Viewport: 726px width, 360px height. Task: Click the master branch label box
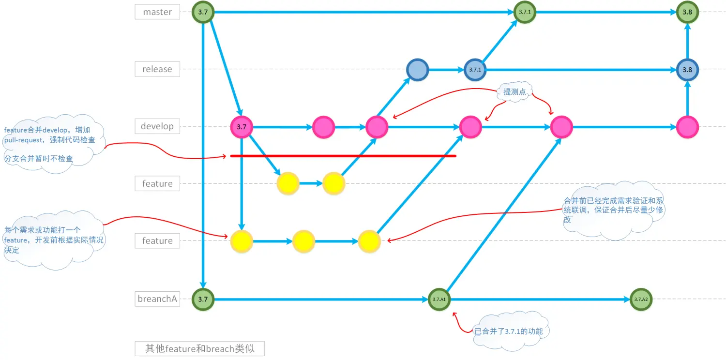157,12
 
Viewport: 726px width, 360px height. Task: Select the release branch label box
157,69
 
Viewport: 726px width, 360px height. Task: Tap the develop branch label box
157,126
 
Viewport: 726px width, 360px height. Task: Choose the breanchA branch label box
157,299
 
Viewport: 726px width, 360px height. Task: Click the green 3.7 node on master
203,12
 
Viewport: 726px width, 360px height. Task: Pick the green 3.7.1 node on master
525,12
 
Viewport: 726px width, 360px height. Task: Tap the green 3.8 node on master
687,12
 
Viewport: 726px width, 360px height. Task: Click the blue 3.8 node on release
687,70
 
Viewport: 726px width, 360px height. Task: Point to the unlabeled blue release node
417,70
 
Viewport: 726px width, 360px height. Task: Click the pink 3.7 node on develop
242,127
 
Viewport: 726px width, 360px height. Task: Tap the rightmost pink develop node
687,127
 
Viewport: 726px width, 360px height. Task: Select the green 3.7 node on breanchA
203,300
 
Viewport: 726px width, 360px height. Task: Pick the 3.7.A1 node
439,300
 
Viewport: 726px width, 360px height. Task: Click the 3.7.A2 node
641,300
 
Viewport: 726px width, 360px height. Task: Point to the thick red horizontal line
343,156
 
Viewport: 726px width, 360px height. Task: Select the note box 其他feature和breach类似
200,348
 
